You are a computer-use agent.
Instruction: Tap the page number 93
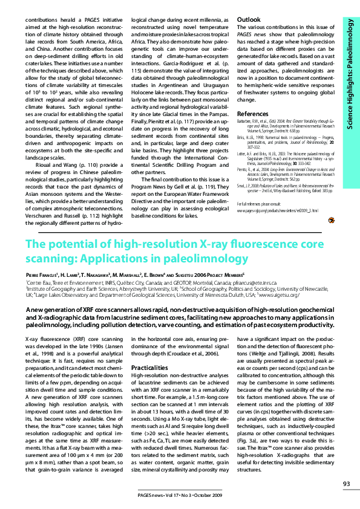point(346,483)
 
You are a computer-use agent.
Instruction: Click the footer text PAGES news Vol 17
point(163,495)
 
